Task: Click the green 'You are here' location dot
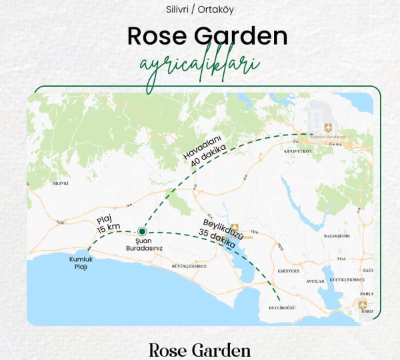(142, 231)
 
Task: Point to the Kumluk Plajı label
(78, 263)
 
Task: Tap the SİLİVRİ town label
(61, 182)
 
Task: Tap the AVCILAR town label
(314, 280)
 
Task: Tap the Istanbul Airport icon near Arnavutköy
(327, 127)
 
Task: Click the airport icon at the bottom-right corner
(363, 305)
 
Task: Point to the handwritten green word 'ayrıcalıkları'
(200, 67)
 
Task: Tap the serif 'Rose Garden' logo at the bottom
(200, 350)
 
